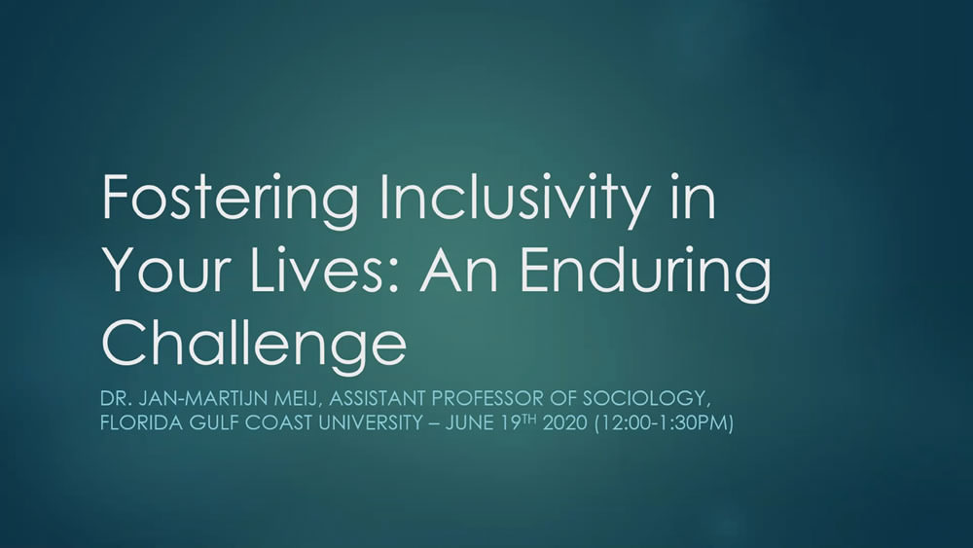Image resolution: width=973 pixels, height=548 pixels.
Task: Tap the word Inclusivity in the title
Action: (513, 199)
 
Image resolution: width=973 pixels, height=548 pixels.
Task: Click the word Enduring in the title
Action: (645, 274)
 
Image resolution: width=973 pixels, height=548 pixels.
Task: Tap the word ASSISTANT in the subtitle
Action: (377, 398)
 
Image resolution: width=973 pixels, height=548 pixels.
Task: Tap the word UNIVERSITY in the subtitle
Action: (371, 423)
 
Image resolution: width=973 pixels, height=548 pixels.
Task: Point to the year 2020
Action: (564, 423)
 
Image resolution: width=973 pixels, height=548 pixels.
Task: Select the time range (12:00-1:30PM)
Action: (664, 423)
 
